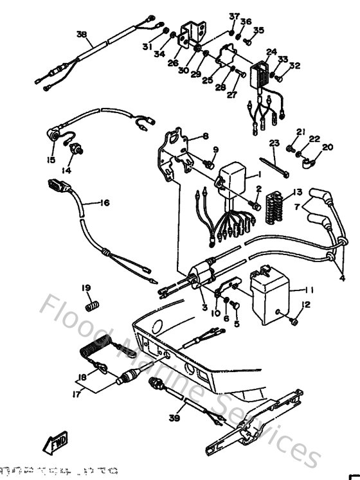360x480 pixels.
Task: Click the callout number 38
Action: click(x=81, y=34)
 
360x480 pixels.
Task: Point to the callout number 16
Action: click(x=104, y=203)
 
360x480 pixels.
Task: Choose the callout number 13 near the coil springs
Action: click(x=297, y=192)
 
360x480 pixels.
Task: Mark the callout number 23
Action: click(x=274, y=143)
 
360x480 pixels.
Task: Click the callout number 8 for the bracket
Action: click(x=206, y=136)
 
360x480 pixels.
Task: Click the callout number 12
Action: click(x=306, y=304)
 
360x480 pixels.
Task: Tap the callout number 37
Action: click(x=233, y=15)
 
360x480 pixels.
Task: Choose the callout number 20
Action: click(x=328, y=147)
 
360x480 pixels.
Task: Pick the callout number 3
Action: click(x=204, y=308)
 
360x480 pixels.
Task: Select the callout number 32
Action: click(x=294, y=65)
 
